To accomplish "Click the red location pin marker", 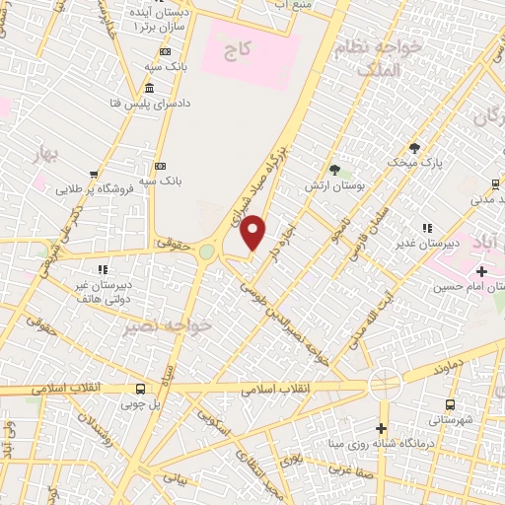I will pos(253,232).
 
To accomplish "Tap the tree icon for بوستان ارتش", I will pos(334,170).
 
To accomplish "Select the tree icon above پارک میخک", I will pos(414,147).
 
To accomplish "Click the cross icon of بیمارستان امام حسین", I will pos(481,271).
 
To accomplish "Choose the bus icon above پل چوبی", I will pos(140,389).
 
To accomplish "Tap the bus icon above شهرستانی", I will pos(450,404).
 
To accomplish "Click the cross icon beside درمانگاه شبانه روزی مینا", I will pos(382,428).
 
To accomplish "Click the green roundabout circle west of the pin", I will pos(206,252).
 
